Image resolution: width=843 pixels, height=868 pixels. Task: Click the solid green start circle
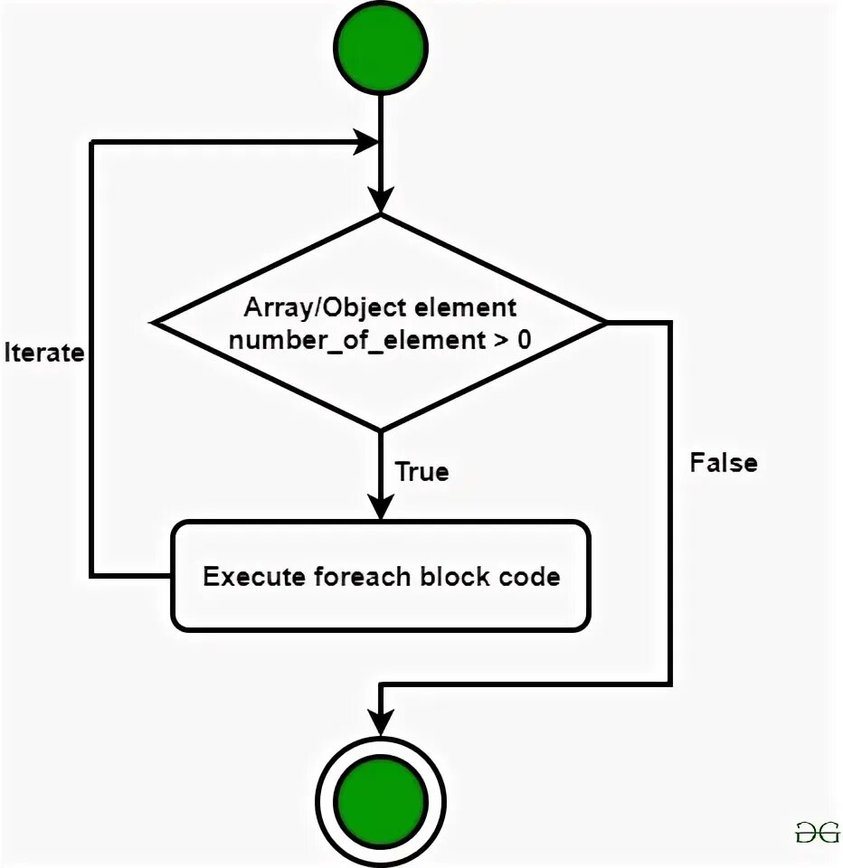point(381,48)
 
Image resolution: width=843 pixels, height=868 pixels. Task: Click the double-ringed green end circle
point(381,801)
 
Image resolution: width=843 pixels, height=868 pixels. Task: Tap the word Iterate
point(43,353)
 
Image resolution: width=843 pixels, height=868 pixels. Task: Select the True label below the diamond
point(421,472)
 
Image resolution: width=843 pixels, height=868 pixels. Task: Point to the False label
point(724,463)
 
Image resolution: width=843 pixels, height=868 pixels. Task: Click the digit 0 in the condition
point(524,339)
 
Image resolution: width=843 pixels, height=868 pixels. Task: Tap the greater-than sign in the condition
point(501,340)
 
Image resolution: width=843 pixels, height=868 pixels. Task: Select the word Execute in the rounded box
point(254,576)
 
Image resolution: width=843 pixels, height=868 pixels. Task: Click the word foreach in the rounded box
point(362,576)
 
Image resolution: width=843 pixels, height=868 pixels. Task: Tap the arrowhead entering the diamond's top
point(381,200)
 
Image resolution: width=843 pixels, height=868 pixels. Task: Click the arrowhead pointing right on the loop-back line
point(366,142)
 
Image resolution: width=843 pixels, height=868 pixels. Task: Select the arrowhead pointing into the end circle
point(381,723)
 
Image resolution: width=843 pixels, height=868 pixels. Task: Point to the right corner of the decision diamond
point(607,322)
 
